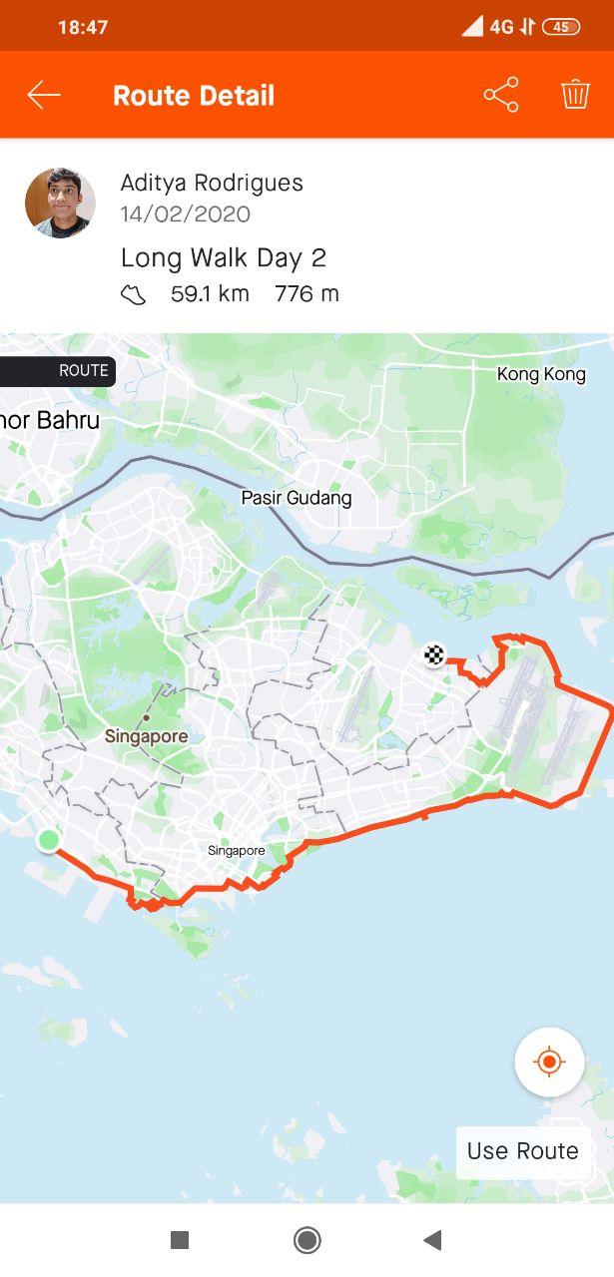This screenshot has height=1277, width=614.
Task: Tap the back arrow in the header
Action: coord(44,95)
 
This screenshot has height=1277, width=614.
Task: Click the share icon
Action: coord(501,95)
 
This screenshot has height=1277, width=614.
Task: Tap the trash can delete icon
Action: coord(575,95)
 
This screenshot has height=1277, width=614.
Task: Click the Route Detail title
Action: coord(194,96)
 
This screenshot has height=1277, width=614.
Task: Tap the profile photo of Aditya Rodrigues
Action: coord(60,204)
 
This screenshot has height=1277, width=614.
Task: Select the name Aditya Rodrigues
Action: coord(212,183)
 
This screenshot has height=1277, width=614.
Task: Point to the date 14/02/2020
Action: coord(186,214)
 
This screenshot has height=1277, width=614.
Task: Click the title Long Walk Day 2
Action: coord(224,257)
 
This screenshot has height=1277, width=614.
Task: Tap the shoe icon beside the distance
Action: coord(134,294)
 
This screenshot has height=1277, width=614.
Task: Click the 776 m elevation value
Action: coord(307,294)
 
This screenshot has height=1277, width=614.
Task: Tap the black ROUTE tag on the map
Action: coord(58,371)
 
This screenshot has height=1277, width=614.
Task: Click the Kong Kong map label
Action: coord(541,375)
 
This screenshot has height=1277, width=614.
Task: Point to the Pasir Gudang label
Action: coord(297,498)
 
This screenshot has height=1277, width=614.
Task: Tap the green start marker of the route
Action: coord(48,840)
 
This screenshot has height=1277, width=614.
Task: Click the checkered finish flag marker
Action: coord(434,655)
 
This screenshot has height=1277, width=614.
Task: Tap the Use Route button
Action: coord(522,1151)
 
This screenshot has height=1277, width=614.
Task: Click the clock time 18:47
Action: coord(83,27)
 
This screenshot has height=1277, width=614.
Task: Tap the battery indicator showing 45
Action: coord(560,27)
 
